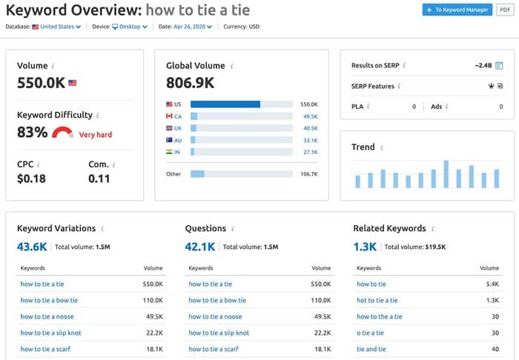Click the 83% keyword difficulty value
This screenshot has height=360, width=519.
click(x=33, y=133)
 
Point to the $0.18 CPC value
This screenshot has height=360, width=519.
click(x=31, y=179)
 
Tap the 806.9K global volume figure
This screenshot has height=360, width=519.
click(x=191, y=82)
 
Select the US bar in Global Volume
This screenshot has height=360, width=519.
click(x=225, y=104)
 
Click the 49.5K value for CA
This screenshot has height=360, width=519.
click(x=310, y=116)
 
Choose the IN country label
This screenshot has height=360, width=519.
click(x=177, y=152)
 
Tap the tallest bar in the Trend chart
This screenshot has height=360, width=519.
click(x=446, y=174)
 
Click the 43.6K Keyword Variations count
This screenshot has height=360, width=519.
click(x=33, y=247)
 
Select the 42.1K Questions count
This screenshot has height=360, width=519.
click(x=200, y=247)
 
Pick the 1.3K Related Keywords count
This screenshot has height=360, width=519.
click(x=365, y=247)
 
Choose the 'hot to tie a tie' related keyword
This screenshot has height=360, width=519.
click(x=377, y=300)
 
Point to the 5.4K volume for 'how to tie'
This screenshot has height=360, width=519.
click(x=491, y=284)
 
